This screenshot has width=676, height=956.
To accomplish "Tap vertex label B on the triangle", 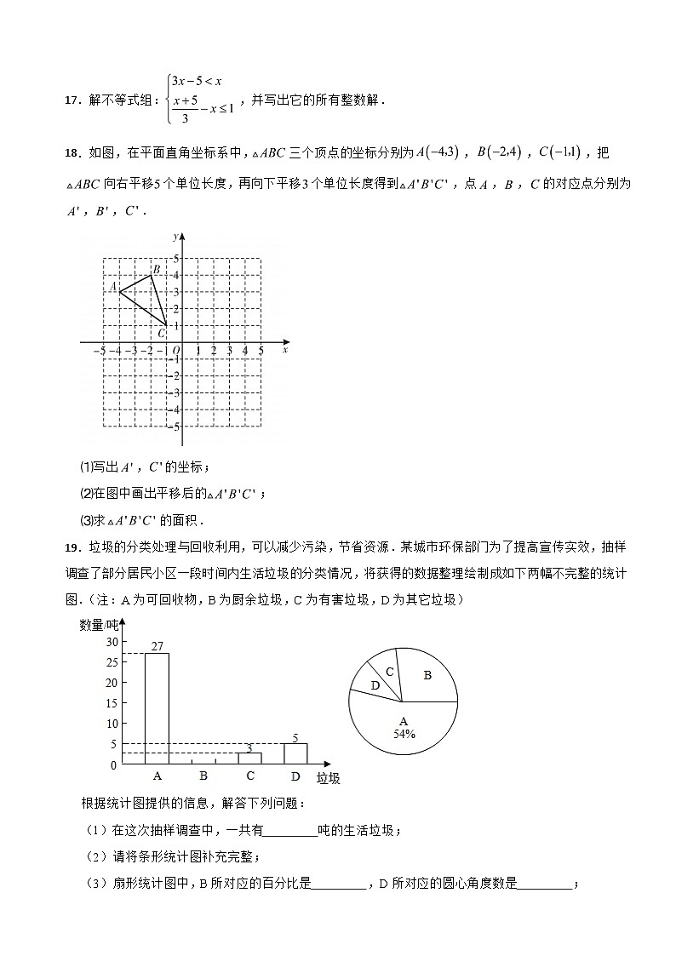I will pos(145,269).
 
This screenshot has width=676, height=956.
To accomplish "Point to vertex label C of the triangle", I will pos(161,333).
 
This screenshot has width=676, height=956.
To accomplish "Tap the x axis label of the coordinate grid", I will pos(284,350).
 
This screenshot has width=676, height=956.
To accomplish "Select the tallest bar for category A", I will pos(157,708).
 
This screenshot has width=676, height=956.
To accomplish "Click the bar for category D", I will pos(295,754).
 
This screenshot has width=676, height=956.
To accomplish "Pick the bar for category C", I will pos(249,759).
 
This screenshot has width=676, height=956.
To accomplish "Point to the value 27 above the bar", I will pos(157,646).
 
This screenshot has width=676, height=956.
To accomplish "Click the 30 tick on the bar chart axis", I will pos(112,641).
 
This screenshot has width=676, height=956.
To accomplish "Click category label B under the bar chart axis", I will pos(203,776).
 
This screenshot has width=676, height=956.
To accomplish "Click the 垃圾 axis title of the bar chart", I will pos(328,778).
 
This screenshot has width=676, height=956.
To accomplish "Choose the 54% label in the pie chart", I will pos(404,734).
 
